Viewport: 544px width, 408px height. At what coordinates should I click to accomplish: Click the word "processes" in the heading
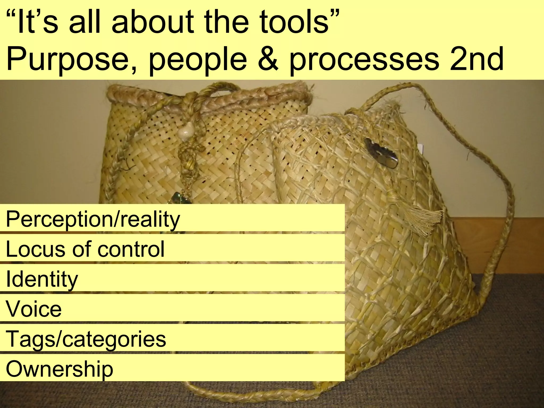coord(364,60)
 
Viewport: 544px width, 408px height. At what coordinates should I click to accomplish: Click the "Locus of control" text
coord(85,249)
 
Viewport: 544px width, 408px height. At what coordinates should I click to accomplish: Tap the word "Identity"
coord(42,279)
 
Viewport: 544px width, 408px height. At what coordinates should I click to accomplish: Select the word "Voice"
coord(34,309)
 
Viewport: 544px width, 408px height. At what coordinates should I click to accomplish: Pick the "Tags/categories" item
coord(86,339)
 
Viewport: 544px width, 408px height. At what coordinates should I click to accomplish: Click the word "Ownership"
coord(59,369)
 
